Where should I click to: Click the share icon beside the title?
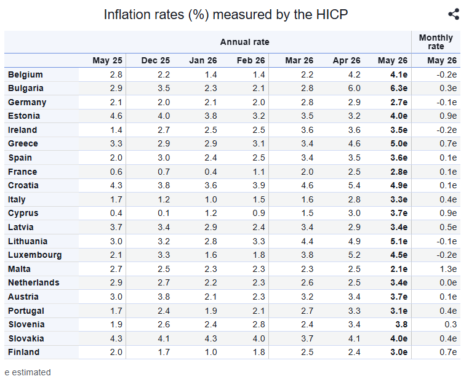[454, 14]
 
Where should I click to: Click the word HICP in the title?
[332, 14]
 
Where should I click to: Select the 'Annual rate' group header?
[245, 42]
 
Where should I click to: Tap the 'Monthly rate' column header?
[436, 42]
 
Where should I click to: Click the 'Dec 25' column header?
[155, 60]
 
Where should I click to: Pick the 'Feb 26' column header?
[251, 60]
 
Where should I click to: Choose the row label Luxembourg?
[34, 255]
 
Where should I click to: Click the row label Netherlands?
[33, 282]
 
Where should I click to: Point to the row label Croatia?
[23, 185]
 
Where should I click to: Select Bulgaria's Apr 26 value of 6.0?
[354, 88]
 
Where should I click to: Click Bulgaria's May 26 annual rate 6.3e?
[399, 88]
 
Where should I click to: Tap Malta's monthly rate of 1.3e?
[448, 269]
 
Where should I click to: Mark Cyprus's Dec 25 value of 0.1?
[164, 213]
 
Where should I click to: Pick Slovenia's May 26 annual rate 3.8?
[401, 324]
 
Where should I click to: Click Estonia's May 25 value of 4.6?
[116, 116]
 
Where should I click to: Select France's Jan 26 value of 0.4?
[210, 172]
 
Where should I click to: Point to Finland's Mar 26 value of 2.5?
[307, 352]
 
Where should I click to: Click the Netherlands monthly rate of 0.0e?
[448, 282]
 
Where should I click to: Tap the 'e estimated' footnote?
[28, 372]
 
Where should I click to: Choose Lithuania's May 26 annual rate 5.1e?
[399, 241]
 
